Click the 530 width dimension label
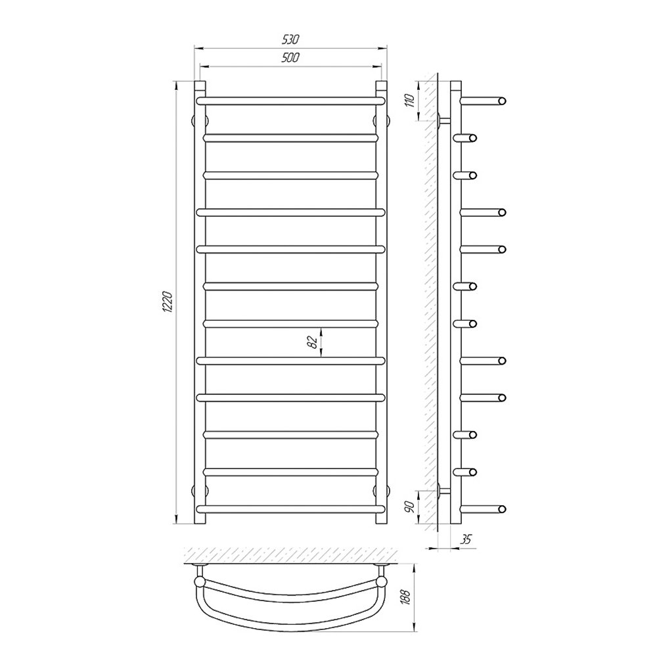pos(290,39)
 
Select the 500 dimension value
pos(290,57)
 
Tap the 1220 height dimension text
pos(167,302)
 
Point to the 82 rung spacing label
pos(311,342)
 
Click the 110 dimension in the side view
pos(410,101)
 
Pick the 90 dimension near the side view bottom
pos(410,507)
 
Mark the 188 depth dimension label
pos(405,597)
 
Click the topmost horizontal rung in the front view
pos(290,101)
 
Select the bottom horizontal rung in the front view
pos(290,509)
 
